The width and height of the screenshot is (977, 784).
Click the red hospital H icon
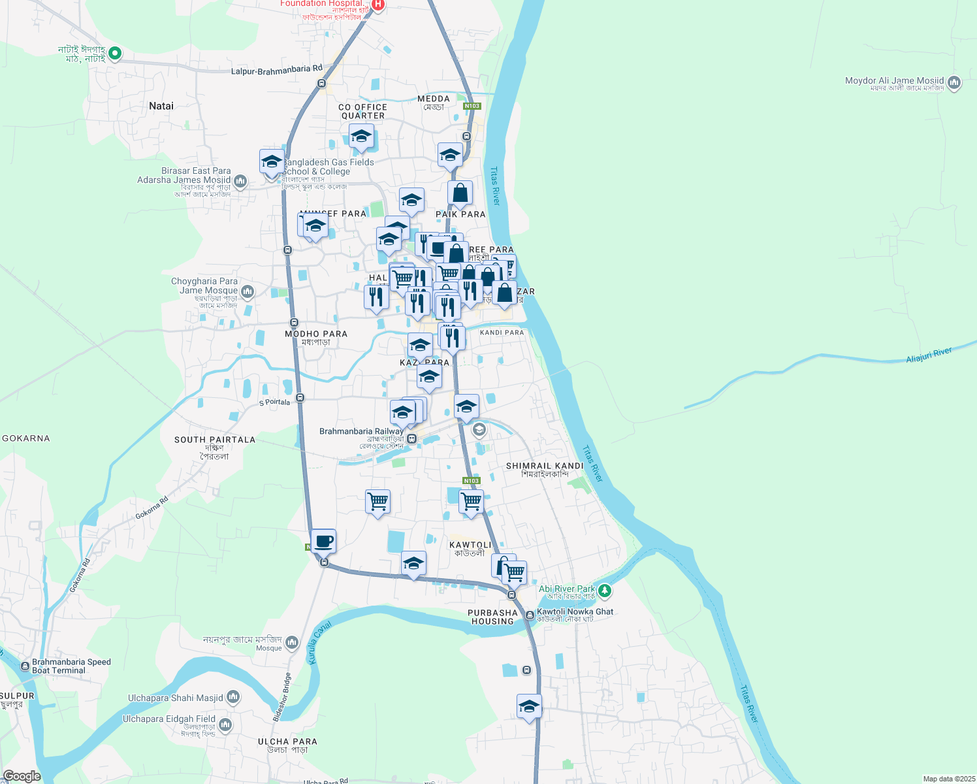(377, 6)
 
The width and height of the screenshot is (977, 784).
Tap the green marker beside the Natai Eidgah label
(115, 53)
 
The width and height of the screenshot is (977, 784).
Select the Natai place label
(161, 106)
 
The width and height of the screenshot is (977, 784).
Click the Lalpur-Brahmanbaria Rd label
(277, 69)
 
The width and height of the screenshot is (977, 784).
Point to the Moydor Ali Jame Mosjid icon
(954, 83)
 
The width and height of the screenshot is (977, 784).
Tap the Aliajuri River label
(929, 356)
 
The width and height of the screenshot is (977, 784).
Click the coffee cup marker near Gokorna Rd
(323, 541)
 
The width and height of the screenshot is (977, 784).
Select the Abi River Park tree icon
(605, 591)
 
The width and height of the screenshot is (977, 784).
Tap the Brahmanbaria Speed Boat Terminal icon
(25, 666)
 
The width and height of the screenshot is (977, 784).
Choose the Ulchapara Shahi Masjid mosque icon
(233, 698)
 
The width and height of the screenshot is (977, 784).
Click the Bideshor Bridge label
(282, 697)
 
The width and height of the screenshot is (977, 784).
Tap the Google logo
(22, 776)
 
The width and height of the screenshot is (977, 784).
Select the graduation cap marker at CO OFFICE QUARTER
(361, 137)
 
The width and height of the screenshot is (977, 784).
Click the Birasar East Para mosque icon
(240, 181)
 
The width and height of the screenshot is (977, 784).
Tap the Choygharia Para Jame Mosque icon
(247, 291)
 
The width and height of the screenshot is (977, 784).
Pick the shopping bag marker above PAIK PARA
(460, 193)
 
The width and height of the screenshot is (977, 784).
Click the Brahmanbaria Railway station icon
(411, 439)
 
